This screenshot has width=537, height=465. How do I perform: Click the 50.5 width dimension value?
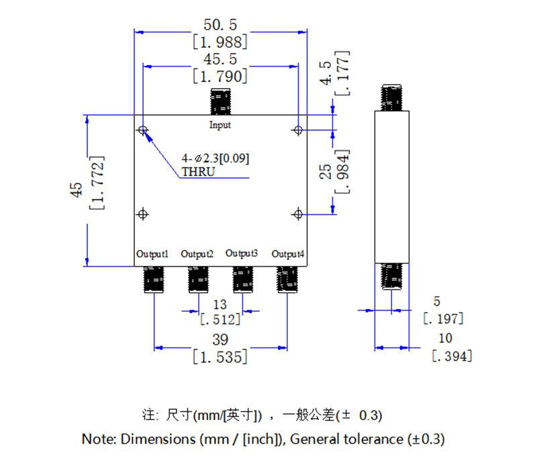click(219, 25)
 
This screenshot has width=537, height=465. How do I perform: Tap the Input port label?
click(219, 125)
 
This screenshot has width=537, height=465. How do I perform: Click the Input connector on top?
click(220, 102)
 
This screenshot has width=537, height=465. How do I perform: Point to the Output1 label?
click(152, 254)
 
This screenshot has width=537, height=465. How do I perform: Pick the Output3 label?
click(242, 253)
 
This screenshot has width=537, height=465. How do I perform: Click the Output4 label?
click(288, 254)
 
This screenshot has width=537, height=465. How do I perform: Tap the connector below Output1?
click(155, 279)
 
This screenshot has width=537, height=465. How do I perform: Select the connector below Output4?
click(287, 279)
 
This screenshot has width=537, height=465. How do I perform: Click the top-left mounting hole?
click(142, 130)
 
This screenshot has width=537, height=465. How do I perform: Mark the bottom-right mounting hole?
click(299, 214)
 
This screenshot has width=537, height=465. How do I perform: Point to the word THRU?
click(198, 172)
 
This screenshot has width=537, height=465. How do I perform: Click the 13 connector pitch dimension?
click(219, 304)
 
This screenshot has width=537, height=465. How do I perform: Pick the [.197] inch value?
click(442, 318)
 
